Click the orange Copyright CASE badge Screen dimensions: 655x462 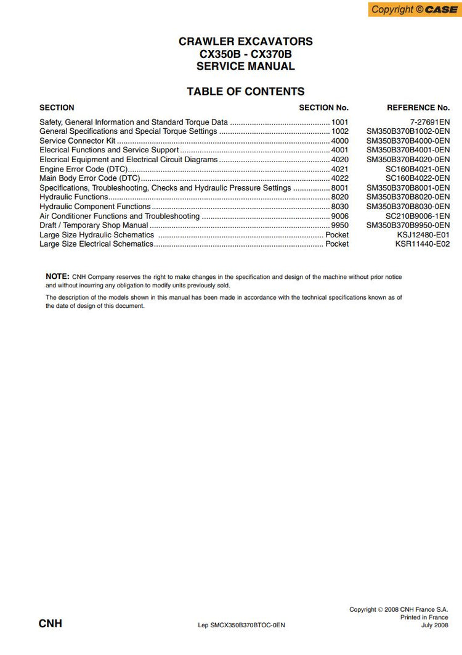415,9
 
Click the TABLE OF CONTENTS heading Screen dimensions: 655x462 245,91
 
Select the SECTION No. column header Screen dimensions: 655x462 323,107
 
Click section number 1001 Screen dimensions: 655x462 339,122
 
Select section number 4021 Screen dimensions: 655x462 339,169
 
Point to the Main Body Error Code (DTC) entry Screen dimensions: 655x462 90,178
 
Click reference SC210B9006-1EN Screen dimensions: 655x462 418,216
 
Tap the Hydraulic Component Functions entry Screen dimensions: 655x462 95,207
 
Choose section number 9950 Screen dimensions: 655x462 339,226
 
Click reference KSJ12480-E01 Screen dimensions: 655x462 423,235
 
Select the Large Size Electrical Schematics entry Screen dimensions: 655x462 96,244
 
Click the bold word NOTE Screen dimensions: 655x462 57,276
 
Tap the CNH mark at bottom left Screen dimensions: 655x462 51,624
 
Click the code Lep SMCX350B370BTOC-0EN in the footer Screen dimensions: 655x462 241,625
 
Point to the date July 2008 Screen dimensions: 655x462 434,625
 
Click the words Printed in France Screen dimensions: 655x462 424,617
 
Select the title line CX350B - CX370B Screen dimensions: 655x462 245,54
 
